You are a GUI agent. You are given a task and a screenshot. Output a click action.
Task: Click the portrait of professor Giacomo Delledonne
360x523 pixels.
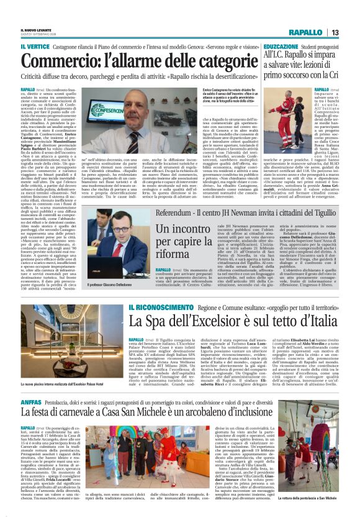click(x=108, y=227)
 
